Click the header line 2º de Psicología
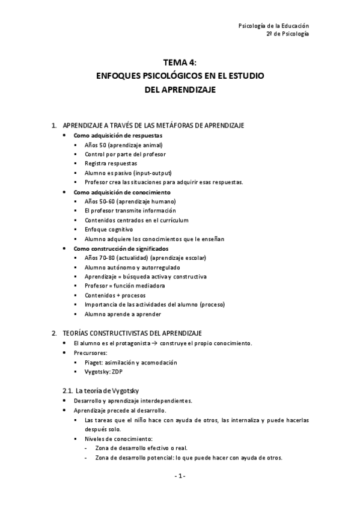click(x=287, y=35)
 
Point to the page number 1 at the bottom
click(x=180, y=477)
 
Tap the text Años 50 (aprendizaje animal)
click(x=124, y=145)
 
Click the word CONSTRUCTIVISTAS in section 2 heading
click(x=120, y=333)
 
